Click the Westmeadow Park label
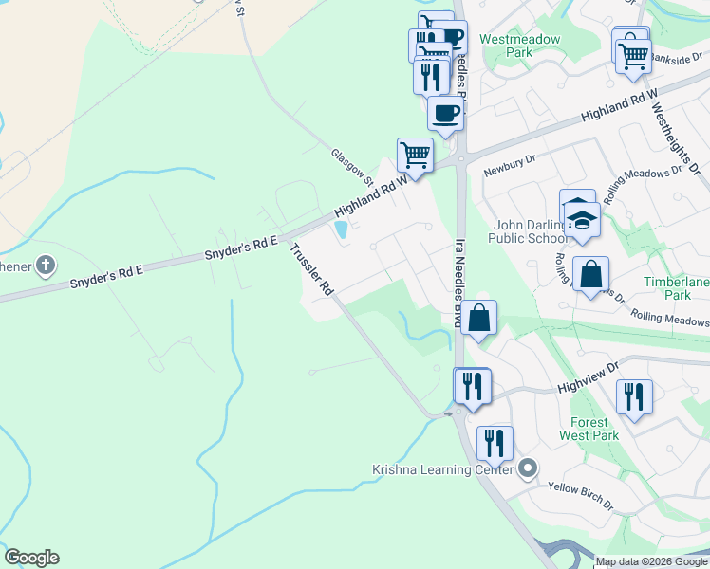click(x=506, y=46)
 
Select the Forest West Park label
click(x=595, y=428)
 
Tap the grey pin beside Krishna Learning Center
click(x=529, y=468)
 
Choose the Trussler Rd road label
click(x=312, y=269)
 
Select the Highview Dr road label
click(x=588, y=376)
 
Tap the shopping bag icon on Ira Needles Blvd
click(x=479, y=318)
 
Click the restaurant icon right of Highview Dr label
click(x=633, y=395)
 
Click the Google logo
click(x=31, y=558)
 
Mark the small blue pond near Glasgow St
click(x=341, y=229)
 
